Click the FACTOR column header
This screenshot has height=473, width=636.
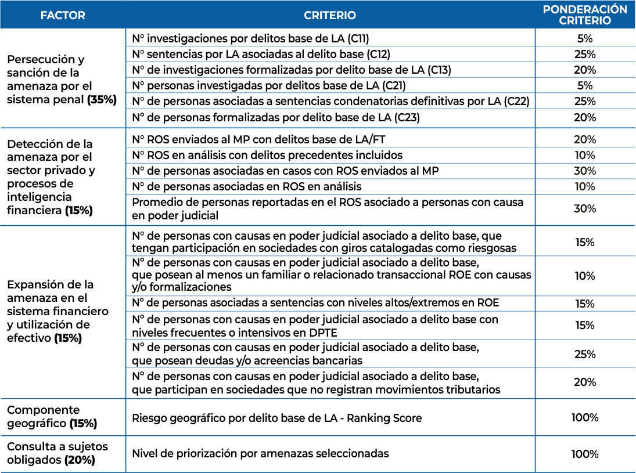[x=63, y=16]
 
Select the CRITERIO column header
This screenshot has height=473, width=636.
[x=330, y=16]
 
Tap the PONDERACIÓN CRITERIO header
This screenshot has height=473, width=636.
[x=585, y=15]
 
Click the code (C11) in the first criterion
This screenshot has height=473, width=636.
[x=358, y=39]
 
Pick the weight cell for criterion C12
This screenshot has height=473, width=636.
[x=585, y=55]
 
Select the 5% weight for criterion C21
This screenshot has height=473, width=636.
[x=585, y=86]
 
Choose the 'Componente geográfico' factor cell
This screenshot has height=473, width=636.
[x=52, y=417]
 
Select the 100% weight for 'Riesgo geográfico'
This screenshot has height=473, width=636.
[x=585, y=418]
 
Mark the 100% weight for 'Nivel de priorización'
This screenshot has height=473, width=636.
[x=585, y=454]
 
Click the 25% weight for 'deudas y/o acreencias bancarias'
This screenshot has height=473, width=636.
[x=585, y=354]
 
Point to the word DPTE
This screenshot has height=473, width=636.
[x=323, y=333]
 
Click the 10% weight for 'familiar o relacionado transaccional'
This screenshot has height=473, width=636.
[x=585, y=276]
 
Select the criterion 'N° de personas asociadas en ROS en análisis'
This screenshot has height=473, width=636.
[x=247, y=186]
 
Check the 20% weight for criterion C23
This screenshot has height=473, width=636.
[x=585, y=117]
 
